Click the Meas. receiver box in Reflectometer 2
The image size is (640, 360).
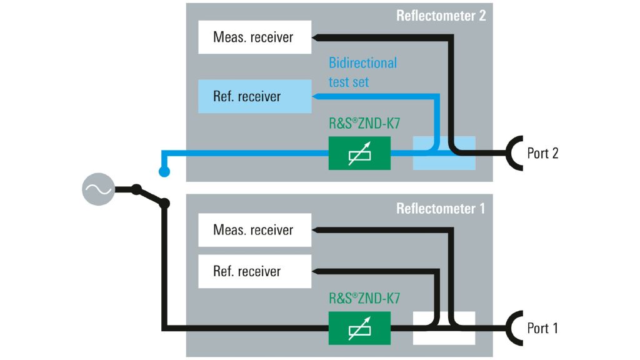[x=254, y=37]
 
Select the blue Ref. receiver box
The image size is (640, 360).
[x=254, y=96]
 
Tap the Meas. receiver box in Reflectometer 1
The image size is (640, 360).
[x=254, y=230]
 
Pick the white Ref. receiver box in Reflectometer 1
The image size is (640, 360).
[x=254, y=271]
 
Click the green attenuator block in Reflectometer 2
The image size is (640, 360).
[x=359, y=153]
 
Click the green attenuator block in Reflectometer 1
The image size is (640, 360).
[x=359, y=327]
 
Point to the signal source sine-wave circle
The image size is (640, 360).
[x=98, y=189]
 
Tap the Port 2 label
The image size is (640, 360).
[x=542, y=153]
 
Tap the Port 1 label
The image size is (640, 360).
[x=542, y=327]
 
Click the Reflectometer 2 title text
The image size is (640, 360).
[x=441, y=16]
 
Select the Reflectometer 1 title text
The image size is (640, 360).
[x=441, y=209]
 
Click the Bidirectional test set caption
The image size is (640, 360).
[x=362, y=72]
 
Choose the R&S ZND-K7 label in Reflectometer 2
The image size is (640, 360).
[x=364, y=124]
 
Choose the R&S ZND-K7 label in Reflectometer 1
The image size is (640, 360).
[x=364, y=298]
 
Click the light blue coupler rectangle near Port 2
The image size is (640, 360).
[x=444, y=153]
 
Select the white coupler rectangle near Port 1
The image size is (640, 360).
[x=444, y=327]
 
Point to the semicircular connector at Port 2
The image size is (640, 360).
[x=514, y=153]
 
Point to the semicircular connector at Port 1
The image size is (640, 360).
[x=514, y=327]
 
